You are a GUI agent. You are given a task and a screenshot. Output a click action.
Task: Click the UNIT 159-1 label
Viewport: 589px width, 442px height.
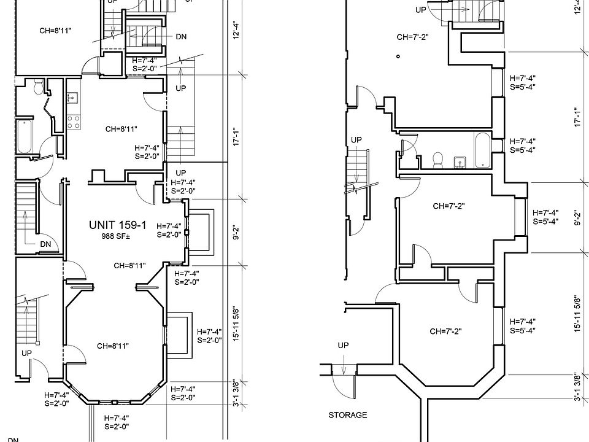(x=118, y=225)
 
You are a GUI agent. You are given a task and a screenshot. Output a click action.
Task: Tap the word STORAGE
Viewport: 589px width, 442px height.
(x=348, y=415)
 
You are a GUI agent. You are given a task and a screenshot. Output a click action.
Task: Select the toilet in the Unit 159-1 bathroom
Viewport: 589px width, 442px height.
(x=39, y=88)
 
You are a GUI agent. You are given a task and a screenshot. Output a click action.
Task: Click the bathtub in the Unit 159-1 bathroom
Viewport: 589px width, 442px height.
(x=25, y=136)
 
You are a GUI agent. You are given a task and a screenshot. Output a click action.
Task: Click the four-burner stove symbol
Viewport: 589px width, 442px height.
(x=74, y=122)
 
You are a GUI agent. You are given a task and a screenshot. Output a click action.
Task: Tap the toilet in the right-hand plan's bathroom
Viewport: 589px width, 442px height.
(x=438, y=160)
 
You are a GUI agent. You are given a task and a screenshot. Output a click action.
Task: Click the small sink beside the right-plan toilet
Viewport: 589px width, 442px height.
(x=459, y=162)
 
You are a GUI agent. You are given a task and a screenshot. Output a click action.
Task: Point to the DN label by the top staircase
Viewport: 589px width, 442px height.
(x=181, y=37)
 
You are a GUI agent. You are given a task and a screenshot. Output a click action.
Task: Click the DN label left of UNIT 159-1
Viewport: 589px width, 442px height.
(x=45, y=244)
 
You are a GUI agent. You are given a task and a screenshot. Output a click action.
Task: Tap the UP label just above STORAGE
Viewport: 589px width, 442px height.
(x=343, y=346)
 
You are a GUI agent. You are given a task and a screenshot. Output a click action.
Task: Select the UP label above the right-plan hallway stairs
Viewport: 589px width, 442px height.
(x=356, y=140)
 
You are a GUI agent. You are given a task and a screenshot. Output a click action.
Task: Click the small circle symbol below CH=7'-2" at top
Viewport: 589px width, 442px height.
(x=398, y=56)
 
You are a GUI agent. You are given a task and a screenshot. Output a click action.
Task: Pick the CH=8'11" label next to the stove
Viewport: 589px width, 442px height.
(x=121, y=129)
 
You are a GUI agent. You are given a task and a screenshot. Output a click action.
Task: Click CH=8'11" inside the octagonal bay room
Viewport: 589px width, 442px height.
(x=113, y=346)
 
